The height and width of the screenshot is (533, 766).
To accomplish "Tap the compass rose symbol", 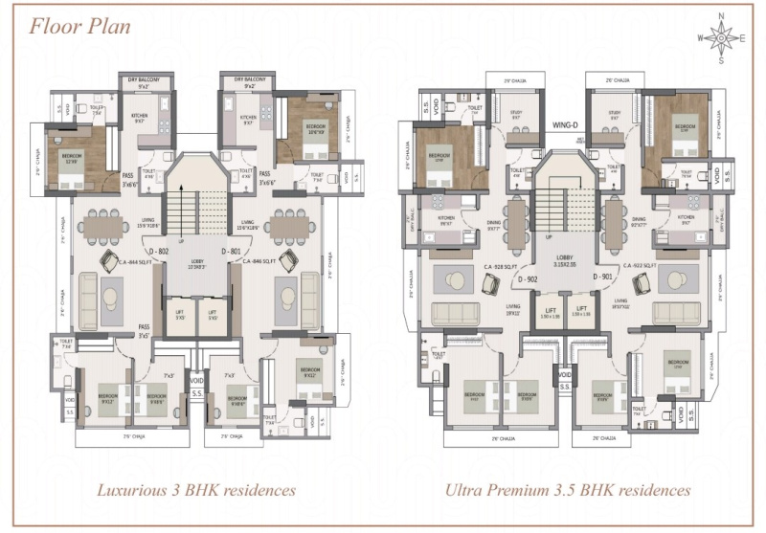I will [721, 37].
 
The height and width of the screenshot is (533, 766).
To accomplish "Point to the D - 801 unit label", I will [231, 251].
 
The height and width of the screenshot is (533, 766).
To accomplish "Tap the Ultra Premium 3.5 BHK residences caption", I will [568, 490].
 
